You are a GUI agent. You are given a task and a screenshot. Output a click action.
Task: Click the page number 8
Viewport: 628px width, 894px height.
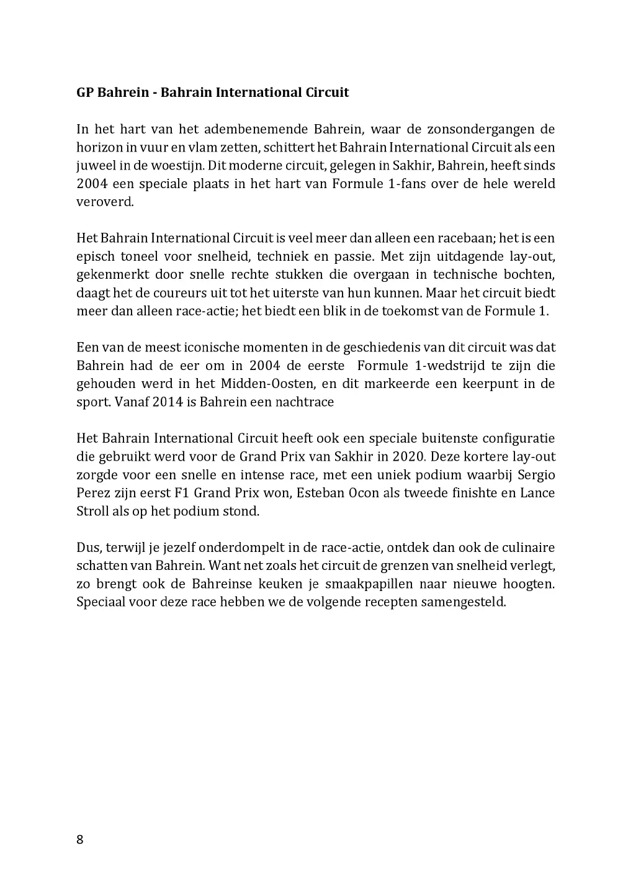pyautogui.click(x=79, y=840)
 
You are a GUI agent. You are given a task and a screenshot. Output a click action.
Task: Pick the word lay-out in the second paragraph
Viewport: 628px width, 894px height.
pyautogui.click(x=531, y=256)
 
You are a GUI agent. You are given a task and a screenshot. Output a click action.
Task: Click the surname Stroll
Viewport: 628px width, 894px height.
pyautogui.click(x=92, y=512)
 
